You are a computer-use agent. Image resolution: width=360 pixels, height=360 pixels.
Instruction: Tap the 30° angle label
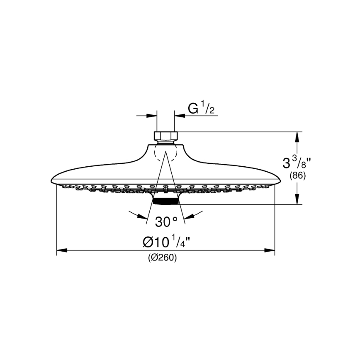tap(166, 222)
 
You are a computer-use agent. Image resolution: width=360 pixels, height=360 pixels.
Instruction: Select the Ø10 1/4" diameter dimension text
tap(166, 241)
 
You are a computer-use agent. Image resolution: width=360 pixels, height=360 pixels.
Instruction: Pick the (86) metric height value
tap(297, 175)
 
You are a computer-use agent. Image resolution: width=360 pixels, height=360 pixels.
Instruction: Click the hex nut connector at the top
tap(165, 136)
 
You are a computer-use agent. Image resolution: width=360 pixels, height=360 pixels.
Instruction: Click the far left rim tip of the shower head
tap(51, 181)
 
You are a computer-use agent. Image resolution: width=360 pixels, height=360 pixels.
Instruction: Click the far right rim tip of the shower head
tap(280, 181)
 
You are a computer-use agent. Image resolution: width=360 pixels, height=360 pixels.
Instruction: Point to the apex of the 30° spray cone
tap(165, 151)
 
